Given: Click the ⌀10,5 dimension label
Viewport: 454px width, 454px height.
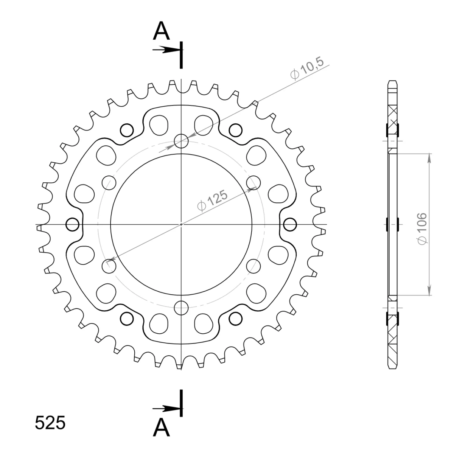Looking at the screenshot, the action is point(307,68).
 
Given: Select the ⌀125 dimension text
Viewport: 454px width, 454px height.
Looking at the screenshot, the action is point(213,200).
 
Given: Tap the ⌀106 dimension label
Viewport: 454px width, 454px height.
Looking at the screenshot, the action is point(422,229).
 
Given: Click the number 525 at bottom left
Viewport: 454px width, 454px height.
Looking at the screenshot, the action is point(50,423).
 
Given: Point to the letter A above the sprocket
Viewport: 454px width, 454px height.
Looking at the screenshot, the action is point(161,31).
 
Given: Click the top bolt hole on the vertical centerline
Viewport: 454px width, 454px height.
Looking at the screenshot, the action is point(181,141).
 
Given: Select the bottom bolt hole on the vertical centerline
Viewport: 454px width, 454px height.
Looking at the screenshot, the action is point(181,308).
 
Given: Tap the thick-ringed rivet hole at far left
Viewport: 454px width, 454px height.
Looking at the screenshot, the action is point(72,224).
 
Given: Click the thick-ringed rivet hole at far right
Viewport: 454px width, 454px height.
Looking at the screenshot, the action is point(290,224).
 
